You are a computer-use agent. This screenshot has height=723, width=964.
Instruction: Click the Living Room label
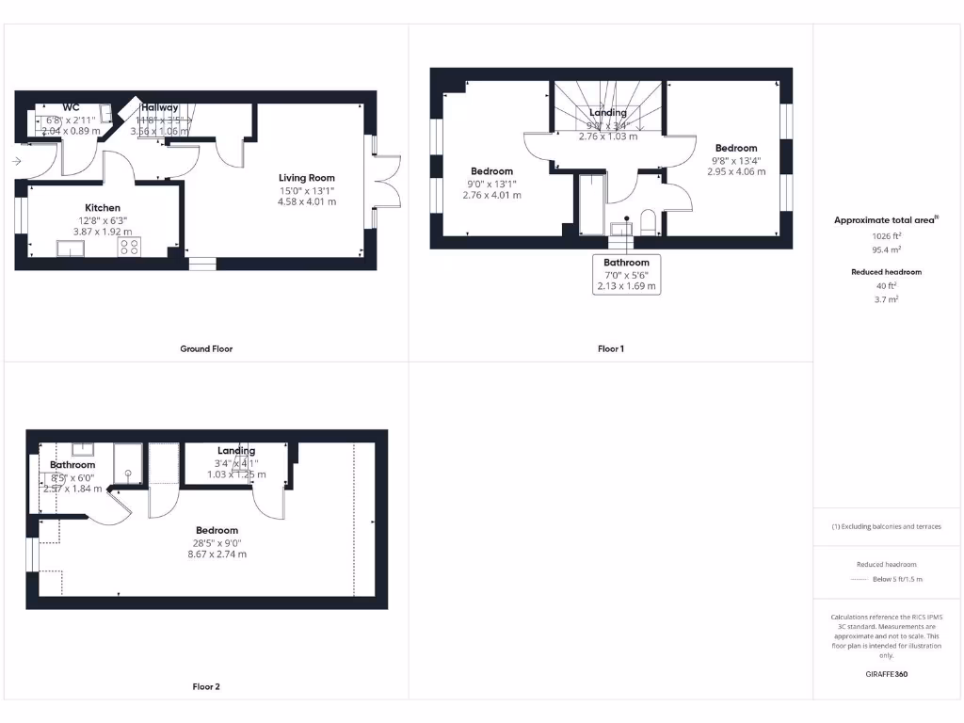306,178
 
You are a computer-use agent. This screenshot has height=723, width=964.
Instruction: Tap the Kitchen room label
103,208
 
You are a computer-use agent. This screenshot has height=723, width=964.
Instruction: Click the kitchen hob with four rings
129,248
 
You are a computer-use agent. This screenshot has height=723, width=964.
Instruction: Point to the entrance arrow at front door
17,162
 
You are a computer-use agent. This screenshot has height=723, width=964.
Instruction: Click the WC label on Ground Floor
72,107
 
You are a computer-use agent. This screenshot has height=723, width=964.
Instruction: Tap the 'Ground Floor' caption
206,349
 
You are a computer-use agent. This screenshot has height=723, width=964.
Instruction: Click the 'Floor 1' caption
610,349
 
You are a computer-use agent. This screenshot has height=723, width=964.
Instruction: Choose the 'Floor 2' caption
206,687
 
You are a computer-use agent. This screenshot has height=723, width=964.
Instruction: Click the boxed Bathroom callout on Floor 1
626,274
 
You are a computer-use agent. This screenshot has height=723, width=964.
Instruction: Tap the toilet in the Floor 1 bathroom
648,222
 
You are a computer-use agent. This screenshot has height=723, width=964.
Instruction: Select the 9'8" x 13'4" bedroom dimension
735,160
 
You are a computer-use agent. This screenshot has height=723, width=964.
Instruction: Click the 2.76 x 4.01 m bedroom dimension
491,195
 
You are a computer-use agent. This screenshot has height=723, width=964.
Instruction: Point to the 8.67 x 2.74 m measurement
217,554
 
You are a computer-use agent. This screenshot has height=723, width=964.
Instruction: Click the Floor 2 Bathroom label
72,465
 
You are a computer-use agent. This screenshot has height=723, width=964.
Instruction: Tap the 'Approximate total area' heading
886,220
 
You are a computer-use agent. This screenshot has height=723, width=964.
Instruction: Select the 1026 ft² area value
886,237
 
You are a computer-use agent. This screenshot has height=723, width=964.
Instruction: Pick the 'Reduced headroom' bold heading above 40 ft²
886,272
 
